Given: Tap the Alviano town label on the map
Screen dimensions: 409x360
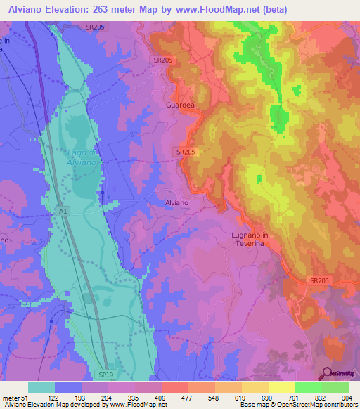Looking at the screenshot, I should [x=176, y=202].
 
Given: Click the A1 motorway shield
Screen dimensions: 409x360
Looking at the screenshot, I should [x=63, y=209].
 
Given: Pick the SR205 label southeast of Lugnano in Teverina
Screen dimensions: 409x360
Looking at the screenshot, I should [x=319, y=280].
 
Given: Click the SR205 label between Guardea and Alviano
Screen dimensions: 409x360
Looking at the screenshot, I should [x=186, y=151].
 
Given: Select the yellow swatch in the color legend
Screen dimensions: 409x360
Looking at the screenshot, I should [x=281, y=387].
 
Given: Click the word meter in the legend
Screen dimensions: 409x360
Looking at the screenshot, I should [x=11, y=397].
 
